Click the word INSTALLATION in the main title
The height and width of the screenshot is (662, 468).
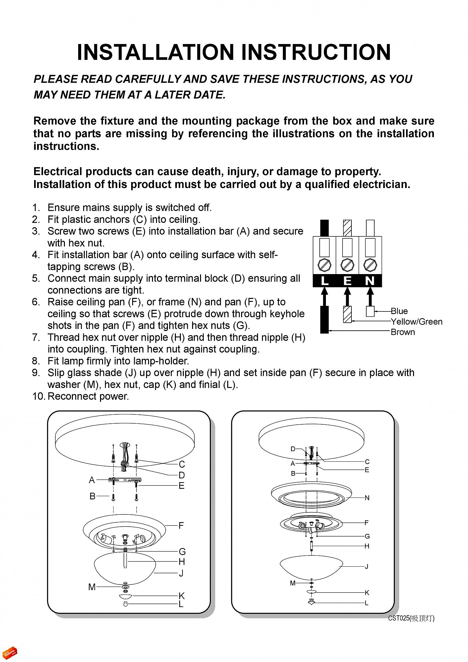(x=155, y=52)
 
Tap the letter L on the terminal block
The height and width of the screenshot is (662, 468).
(x=325, y=281)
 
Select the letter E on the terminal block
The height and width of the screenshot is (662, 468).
(x=347, y=281)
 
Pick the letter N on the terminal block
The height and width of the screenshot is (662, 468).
(x=370, y=281)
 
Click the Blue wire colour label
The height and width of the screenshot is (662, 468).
(x=399, y=311)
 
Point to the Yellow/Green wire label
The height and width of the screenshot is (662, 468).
(x=416, y=322)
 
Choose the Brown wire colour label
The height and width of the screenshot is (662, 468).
(x=403, y=332)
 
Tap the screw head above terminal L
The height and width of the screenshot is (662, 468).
(x=325, y=265)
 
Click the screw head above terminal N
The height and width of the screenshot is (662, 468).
(x=370, y=265)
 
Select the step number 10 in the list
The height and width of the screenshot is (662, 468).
(x=38, y=396)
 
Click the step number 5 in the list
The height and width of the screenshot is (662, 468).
(x=36, y=278)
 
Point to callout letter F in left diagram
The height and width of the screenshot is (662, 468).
(x=181, y=526)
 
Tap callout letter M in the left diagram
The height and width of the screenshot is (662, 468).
(x=92, y=587)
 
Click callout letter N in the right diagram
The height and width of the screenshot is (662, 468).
(x=367, y=498)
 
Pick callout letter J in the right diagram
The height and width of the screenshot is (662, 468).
(x=367, y=566)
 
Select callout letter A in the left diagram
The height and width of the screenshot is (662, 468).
(x=92, y=480)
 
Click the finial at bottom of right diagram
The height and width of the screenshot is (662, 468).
(x=311, y=602)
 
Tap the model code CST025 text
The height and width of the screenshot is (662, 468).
(x=399, y=618)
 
